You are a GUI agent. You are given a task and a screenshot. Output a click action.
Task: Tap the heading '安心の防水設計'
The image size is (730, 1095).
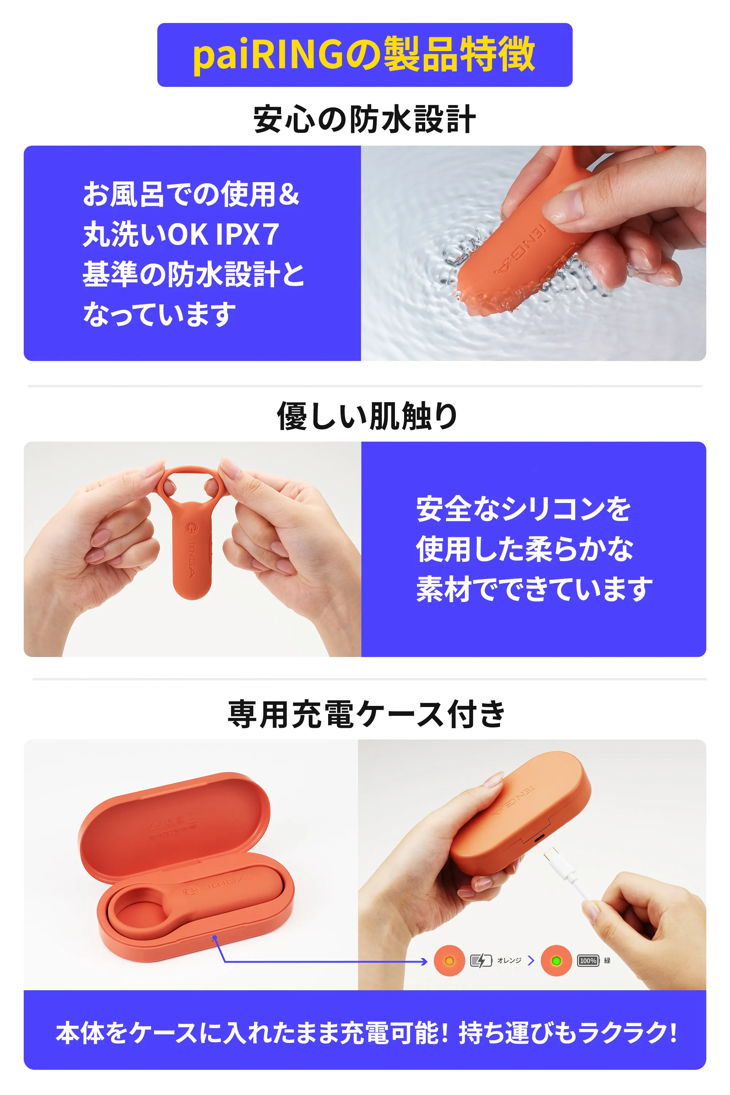[x=365, y=119]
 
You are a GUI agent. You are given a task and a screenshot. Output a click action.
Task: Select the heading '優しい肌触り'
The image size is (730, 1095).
[x=367, y=416]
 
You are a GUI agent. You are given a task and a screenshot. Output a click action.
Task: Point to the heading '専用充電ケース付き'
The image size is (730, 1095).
[x=367, y=714]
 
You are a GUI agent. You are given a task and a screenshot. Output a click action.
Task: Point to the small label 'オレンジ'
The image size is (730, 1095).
[x=509, y=960]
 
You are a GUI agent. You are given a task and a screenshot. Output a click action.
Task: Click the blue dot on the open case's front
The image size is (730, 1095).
[x=215, y=937]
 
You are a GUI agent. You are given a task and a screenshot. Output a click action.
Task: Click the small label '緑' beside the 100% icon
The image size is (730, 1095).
[x=607, y=960]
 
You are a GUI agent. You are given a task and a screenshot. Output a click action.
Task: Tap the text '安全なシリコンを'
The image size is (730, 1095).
[x=523, y=509]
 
